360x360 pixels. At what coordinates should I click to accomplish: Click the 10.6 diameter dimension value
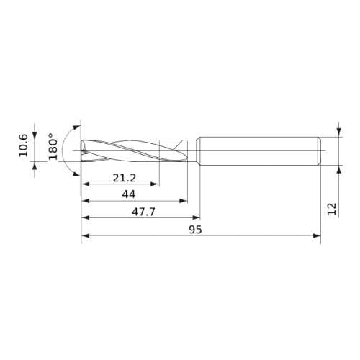(x=24, y=145)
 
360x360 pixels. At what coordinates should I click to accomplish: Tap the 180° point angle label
(x=53, y=146)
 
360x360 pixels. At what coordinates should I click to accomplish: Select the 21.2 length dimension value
(x=125, y=178)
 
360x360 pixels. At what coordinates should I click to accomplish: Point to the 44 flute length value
(x=129, y=194)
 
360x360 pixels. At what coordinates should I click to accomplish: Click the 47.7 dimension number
(x=143, y=212)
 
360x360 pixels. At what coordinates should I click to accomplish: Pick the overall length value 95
(x=195, y=230)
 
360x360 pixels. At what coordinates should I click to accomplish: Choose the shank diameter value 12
(x=332, y=209)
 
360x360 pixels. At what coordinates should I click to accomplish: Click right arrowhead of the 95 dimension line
(x=317, y=235)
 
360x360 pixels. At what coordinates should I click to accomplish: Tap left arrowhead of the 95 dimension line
(x=85, y=235)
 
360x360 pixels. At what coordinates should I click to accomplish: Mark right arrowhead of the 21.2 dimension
(x=155, y=184)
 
